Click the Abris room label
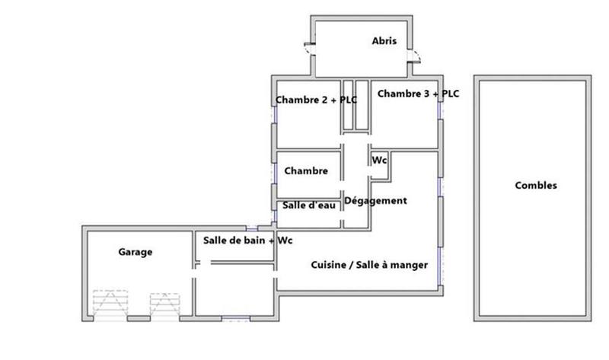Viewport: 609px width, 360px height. coord(384,41)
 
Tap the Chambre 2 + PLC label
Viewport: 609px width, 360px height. coord(316,99)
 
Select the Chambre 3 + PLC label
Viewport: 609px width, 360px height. coord(418,94)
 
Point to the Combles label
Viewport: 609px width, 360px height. coord(536,185)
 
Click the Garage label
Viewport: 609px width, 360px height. coord(136,252)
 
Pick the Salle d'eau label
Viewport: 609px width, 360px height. coord(309,205)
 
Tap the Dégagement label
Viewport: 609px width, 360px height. coord(376,201)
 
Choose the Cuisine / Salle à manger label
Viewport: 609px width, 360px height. coord(369,265)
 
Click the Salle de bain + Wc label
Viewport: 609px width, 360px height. coord(248,240)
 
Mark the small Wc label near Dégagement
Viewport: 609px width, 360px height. coord(380,161)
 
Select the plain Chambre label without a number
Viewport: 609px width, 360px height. coord(306,171)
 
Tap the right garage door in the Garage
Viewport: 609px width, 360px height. coord(164,305)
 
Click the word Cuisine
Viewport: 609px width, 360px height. coord(327,265)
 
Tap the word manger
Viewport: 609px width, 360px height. coord(410,265)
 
